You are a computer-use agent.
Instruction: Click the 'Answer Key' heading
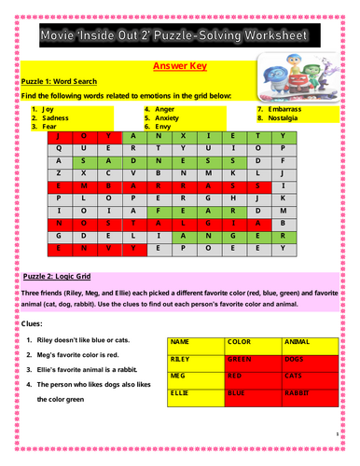[179, 67]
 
